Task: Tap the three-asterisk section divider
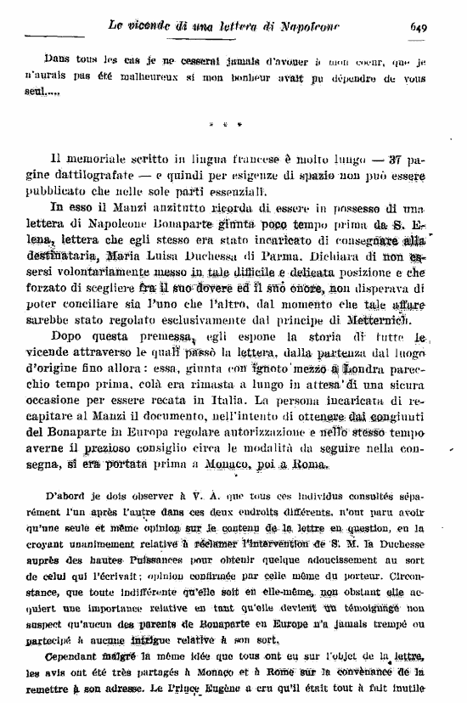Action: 222,125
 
